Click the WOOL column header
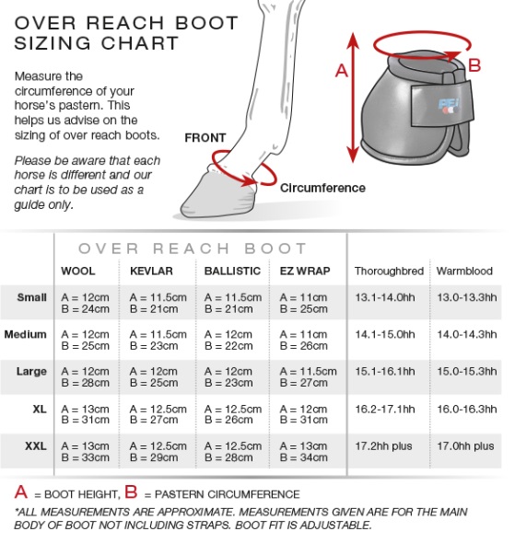(78, 271)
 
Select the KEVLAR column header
(151, 271)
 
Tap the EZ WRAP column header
(305, 271)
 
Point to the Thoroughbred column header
(389, 271)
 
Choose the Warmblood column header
(464, 271)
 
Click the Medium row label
(25, 334)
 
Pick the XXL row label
(36, 446)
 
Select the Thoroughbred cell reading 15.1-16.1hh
(385, 372)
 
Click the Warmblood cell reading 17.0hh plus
(465, 446)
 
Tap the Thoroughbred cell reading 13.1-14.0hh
(385, 297)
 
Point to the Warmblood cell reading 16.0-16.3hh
(467, 409)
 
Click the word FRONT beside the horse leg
(205, 138)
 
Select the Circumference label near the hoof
(322, 188)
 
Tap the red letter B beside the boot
(474, 65)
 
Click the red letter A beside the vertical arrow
(342, 71)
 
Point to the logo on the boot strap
(450, 105)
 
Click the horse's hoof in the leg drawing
(218, 195)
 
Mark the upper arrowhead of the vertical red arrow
(353, 40)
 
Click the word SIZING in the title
(53, 43)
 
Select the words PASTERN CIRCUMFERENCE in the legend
(227, 494)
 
